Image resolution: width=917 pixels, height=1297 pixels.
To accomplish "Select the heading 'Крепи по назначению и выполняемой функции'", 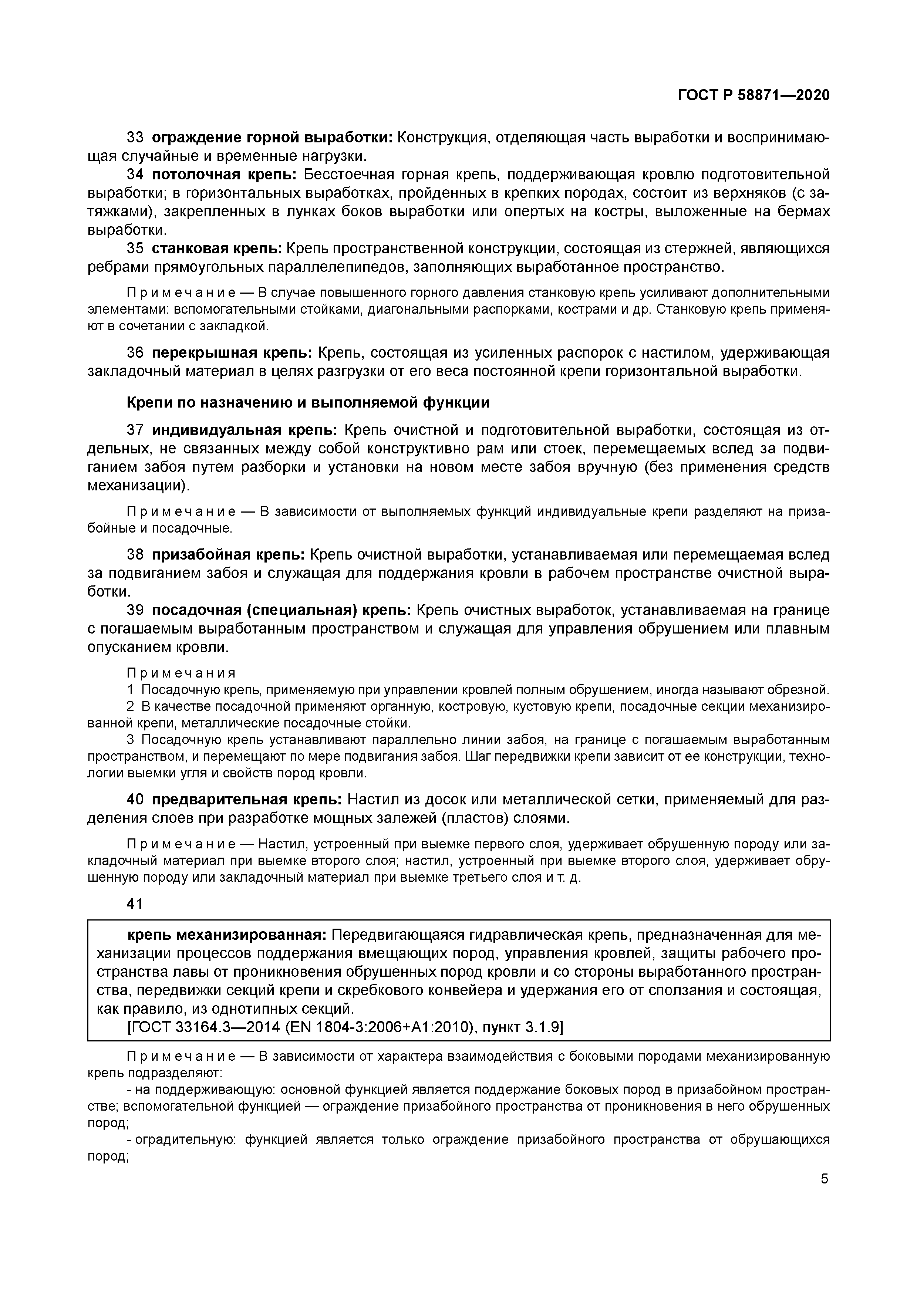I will pos(307,403).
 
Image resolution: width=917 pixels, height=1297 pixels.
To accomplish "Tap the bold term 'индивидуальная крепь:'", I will pos(245,430).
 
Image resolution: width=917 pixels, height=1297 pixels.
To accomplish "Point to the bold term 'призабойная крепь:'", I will pos(228,555).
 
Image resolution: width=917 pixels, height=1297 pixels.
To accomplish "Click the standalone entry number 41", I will pos(135,904).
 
